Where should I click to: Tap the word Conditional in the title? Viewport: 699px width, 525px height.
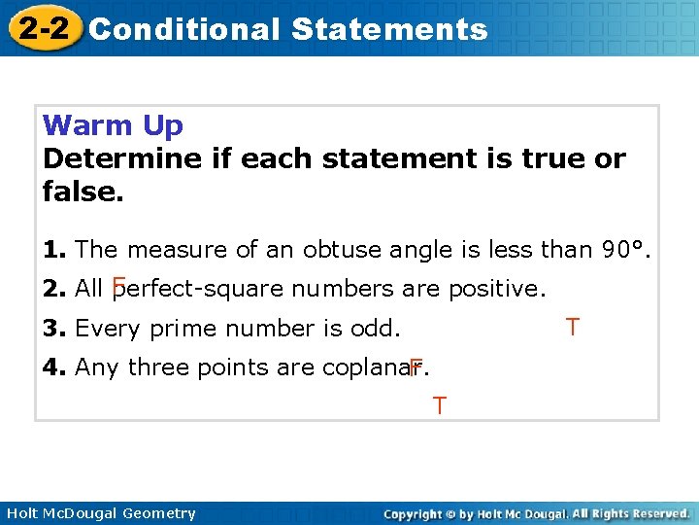[x=183, y=29]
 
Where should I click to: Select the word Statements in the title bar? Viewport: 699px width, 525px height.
[x=389, y=29]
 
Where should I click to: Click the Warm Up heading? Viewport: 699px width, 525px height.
[x=113, y=126]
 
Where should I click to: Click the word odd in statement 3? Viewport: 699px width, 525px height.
[x=374, y=329]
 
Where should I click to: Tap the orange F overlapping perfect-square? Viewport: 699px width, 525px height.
[x=118, y=286]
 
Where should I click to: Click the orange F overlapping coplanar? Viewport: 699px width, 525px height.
[x=416, y=367]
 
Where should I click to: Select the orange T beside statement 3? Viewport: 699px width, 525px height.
[x=573, y=327]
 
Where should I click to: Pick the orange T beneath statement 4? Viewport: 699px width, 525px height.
[x=440, y=405]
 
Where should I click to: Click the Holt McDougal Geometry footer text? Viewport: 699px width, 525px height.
[x=100, y=513]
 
